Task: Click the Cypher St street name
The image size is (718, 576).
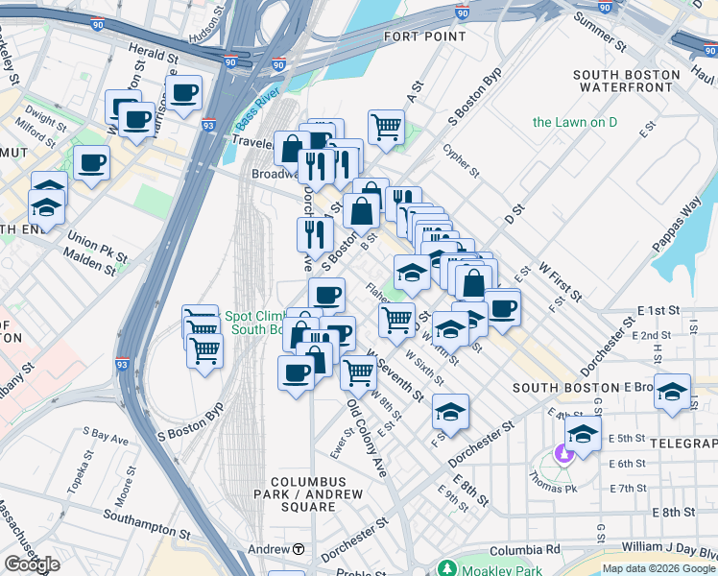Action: tap(461, 160)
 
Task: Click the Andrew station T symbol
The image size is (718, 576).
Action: tap(299, 549)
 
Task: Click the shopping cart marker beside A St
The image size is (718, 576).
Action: tap(386, 125)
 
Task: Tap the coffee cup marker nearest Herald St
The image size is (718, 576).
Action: tap(183, 92)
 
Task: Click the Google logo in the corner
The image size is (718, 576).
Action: tap(32, 564)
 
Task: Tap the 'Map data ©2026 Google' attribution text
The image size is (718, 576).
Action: tap(658, 568)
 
